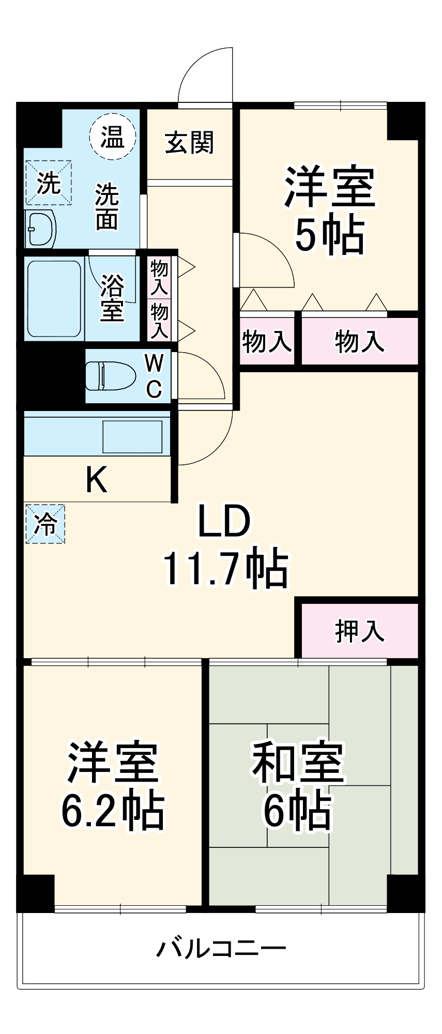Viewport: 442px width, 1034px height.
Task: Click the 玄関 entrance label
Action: tap(189, 143)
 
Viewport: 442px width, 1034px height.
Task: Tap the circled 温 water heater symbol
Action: tap(112, 137)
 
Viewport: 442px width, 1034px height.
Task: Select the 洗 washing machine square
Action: tap(48, 183)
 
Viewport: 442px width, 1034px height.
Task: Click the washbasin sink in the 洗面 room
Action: tap(40, 229)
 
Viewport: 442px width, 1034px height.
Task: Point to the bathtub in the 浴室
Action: tap(54, 299)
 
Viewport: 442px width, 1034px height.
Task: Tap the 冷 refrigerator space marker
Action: tap(45, 524)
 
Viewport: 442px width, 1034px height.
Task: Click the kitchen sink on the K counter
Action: tap(132, 437)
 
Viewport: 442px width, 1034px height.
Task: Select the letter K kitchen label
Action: tap(96, 480)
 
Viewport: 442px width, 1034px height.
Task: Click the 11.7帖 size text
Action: tap(225, 569)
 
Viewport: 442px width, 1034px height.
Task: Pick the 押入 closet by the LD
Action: tap(359, 631)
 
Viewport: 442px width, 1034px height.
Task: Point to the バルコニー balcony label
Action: tap(221, 949)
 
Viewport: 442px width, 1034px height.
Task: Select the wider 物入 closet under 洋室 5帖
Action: tap(359, 341)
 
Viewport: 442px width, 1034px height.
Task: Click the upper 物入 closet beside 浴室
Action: tap(159, 277)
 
